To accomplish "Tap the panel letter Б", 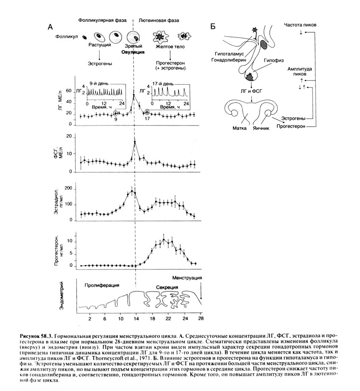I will (213, 27).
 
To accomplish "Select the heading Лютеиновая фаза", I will (159, 20).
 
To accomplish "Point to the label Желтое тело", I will (168, 46).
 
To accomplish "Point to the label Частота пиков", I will (300, 25).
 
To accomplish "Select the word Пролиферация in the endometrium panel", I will (102, 285).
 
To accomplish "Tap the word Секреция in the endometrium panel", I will (167, 287).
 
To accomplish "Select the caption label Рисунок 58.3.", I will (37, 333).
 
